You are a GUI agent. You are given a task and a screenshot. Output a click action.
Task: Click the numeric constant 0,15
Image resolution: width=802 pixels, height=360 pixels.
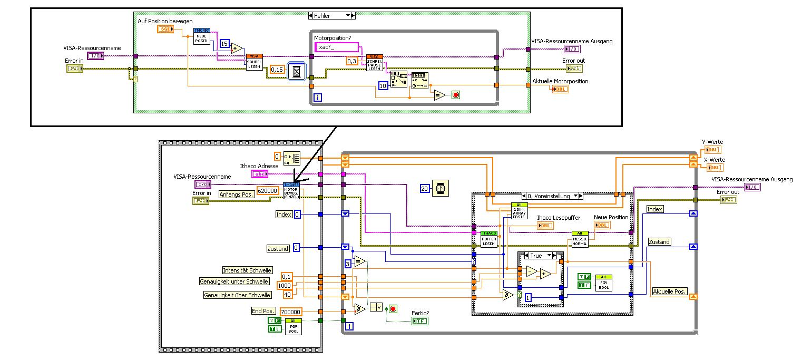click(x=277, y=70)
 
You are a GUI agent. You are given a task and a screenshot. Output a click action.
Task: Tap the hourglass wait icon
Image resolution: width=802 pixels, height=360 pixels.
click(x=297, y=73)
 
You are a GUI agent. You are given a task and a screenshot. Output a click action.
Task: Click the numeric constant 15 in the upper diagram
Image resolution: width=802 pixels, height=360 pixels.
click(x=224, y=44)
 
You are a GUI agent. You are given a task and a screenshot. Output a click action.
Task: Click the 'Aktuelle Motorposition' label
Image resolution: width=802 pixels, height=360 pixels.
click(x=560, y=81)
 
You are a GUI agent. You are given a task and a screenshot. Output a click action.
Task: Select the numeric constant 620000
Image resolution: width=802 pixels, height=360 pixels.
click(x=268, y=190)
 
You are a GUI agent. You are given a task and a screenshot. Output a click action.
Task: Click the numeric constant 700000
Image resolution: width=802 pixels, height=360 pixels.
click(x=290, y=312)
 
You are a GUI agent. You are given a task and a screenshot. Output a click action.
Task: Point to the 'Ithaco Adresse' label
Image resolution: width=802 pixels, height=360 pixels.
click(x=259, y=166)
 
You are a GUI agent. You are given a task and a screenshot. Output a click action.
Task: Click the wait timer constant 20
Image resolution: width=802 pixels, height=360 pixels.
click(x=425, y=188)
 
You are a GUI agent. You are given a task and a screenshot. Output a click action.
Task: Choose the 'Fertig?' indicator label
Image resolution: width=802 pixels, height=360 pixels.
click(x=420, y=313)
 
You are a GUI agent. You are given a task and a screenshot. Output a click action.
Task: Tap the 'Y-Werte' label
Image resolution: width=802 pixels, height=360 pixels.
click(x=712, y=142)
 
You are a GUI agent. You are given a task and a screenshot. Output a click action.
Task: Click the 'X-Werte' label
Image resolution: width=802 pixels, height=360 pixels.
click(x=714, y=160)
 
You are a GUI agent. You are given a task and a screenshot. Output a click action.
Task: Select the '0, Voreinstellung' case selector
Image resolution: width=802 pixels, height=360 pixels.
click(x=549, y=196)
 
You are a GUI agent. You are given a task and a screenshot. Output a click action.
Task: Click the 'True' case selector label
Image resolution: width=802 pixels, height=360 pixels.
click(x=536, y=256)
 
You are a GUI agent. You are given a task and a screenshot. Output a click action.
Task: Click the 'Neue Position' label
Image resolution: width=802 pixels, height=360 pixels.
click(x=611, y=217)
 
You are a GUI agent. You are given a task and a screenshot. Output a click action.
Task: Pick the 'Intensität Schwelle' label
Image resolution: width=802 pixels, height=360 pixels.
click(x=247, y=270)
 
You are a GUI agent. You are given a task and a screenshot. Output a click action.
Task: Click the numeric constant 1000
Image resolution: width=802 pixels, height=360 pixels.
click(x=285, y=286)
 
